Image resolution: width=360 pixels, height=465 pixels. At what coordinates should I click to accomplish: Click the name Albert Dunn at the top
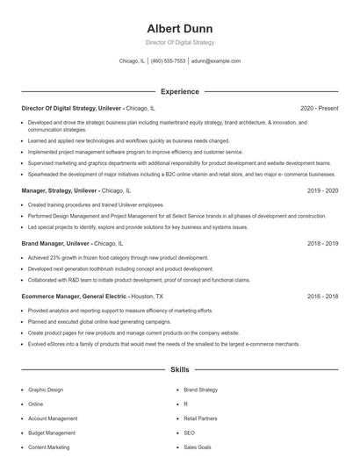[x=179, y=28]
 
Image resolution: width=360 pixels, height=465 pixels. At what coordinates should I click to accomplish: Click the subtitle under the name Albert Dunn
[x=179, y=42]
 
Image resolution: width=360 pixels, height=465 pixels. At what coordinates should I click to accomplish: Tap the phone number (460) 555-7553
[x=169, y=61]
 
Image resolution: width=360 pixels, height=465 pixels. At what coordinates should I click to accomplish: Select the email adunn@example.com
[x=216, y=61]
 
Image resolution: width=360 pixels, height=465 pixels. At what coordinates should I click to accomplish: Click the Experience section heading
[x=179, y=91]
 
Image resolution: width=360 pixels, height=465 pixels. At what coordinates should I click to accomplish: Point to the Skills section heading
[x=179, y=371]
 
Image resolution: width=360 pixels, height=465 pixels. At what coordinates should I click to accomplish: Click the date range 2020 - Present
[x=319, y=108]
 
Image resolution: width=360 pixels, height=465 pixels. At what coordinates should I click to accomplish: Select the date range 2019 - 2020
[x=321, y=190]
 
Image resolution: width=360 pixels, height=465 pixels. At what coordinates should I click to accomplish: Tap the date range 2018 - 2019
[x=321, y=243]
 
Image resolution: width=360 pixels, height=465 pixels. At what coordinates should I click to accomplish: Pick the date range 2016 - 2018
[x=321, y=297]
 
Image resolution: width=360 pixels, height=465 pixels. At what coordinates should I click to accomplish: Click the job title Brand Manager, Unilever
[x=54, y=243]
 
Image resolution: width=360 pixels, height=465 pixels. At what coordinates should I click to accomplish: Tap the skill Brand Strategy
[x=201, y=389]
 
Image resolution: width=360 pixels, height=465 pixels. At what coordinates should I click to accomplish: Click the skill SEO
[x=189, y=433]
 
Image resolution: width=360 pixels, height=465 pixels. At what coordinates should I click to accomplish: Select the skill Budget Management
[x=52, y=433]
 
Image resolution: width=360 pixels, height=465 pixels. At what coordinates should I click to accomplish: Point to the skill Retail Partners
[x=200, y=418]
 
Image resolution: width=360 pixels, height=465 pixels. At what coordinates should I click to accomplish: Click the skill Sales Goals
[x=197, y=447]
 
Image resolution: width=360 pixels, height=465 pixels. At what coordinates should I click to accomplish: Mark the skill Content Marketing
[x=49, y=447]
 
